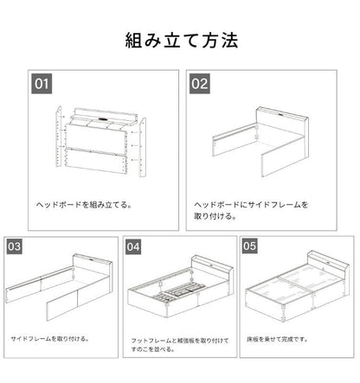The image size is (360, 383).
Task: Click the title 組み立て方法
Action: [180, 41]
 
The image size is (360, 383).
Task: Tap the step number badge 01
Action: [42, 85]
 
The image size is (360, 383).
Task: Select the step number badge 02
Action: [200, 85]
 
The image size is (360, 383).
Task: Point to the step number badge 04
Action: [133, 246]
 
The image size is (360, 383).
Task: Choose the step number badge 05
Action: [251, 246]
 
